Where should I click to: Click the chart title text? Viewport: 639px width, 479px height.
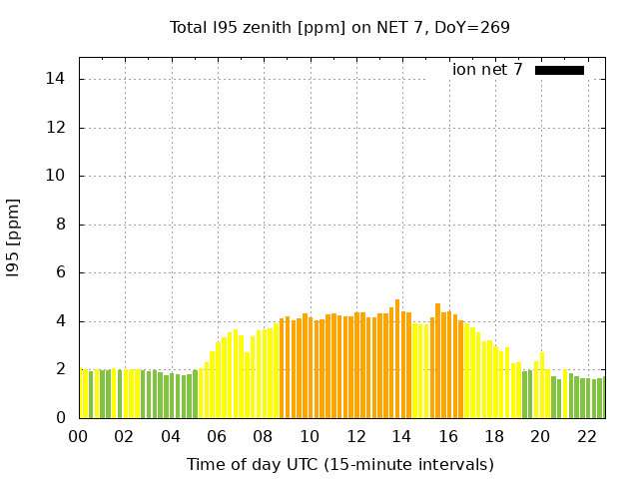[x=339, y=27]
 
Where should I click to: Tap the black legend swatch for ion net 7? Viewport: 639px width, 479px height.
[x=559, y=70]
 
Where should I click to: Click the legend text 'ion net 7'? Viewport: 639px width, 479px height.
[x=487, y=70]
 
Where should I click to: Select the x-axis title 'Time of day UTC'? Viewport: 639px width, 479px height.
[x=339, y=464]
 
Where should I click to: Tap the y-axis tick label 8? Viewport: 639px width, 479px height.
[x=62, y=225]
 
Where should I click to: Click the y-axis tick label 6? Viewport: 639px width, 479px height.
[x=62, y=272]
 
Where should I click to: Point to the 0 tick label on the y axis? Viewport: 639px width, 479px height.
[x=62, y=418]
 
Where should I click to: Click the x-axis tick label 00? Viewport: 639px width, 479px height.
[x=78, y=436]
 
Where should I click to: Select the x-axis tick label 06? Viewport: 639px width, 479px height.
[x=217, y=436]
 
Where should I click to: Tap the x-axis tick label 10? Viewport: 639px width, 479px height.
[x=309, y=436]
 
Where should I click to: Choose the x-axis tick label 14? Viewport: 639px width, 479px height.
[x=401, y=436]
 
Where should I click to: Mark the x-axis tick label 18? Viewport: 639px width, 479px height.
[x=493, y=436]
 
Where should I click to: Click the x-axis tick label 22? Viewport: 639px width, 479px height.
[x=586, y=436]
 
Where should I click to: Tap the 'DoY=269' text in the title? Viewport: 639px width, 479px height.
[x=471, y=27]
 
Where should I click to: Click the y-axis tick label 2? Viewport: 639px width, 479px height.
[x=62, y=369]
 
